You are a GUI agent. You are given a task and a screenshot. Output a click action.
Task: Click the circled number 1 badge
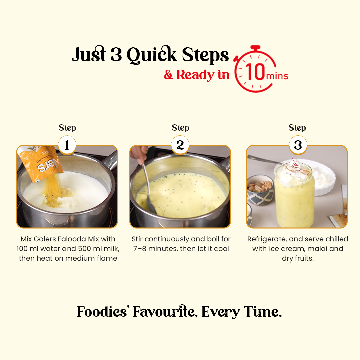(67, 145)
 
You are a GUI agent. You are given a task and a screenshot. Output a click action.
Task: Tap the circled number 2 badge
(180, 145)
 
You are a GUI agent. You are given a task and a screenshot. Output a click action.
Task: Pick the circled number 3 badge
(297, 145)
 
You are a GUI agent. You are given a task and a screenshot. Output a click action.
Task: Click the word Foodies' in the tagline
(103, 312)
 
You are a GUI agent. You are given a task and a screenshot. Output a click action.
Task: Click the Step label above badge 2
(180, 128)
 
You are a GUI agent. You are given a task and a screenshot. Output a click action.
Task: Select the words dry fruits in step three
(298, 258)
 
